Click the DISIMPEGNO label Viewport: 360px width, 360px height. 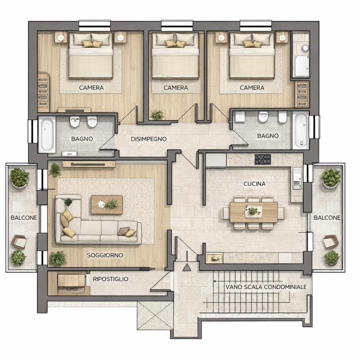[148, 139]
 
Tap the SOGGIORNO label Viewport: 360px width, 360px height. [105, 255]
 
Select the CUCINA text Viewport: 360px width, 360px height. [254, 184]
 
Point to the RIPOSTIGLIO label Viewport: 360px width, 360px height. [111, 279]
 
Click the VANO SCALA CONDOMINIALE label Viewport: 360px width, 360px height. [266, 287]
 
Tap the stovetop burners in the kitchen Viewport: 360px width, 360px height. [263, 159]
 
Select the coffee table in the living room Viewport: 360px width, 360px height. [107, 205]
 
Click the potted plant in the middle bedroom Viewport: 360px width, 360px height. [157, 115]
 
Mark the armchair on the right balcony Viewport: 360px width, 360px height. [331, 242]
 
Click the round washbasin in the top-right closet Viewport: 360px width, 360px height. [306, 48]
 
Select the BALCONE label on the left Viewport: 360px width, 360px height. [24, 217]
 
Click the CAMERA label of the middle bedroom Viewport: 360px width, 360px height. [175, 88]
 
